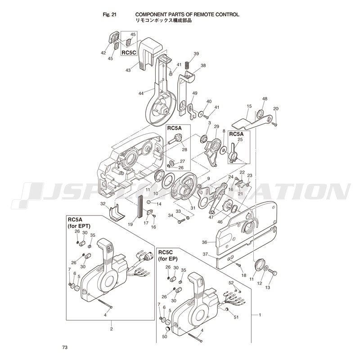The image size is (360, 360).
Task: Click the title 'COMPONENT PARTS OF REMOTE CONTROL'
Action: coord(187,14)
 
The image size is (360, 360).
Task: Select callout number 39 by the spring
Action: coord(196,54)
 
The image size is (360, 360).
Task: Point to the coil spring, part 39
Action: coord(189,65)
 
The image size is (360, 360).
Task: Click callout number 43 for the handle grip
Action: coord(128,70)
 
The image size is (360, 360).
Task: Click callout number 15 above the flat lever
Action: coord(249,106)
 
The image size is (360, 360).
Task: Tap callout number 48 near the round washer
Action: coord(265,99)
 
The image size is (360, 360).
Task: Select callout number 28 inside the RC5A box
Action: coord(184,149)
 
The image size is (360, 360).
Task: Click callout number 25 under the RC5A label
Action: coord(240,140)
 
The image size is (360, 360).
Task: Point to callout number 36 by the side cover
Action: coord(204,242)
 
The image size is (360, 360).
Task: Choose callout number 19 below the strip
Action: coord(130,224)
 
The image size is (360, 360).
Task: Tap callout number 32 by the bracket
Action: coord(103,204)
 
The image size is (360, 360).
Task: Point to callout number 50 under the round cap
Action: coord(164,336)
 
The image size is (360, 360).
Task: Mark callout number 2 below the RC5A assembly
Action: coord(111,329)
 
